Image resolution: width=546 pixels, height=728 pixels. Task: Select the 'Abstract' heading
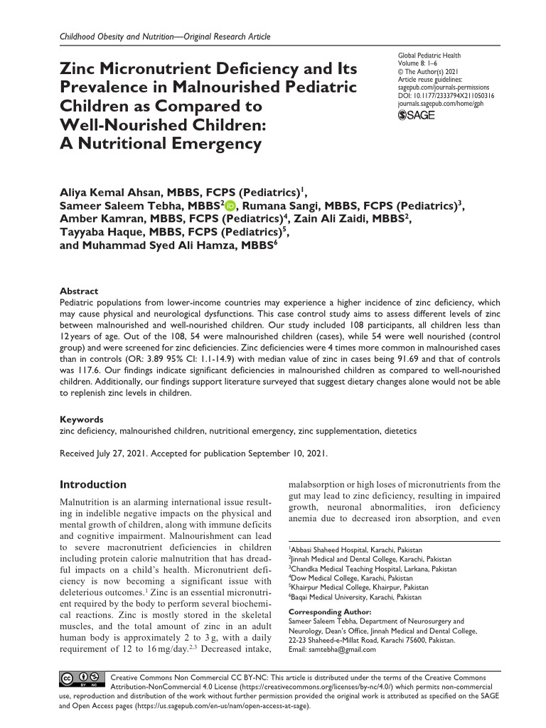(78, 291)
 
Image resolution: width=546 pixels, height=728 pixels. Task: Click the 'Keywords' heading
(82, 419)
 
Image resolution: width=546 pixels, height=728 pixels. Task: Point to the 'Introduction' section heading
(92, 485)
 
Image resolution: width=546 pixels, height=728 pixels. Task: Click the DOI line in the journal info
(446, 95)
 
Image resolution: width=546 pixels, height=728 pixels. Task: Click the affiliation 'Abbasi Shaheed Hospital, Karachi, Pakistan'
(355, 550)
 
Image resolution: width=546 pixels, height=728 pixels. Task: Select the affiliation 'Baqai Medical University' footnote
(355, 597)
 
